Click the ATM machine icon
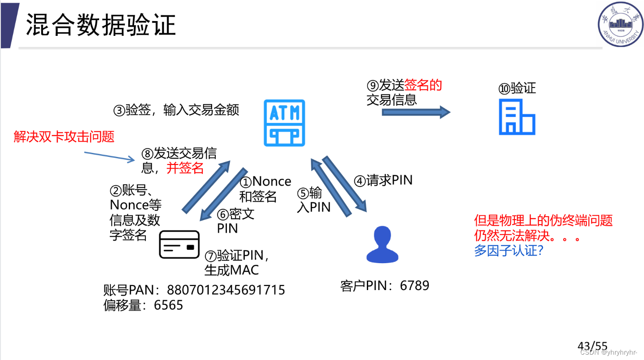click(x=284, y=123)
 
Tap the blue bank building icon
click(x=517, y=117)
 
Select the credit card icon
click(x=179, y=244)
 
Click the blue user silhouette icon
click(x=382, y=244)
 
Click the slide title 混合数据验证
click(x=100, y=25)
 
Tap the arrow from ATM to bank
click(x=415, y=112)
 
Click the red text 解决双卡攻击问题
click(x=64, y=136)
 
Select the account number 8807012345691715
click(x=226, y=290)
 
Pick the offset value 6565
click(x=169, y=305)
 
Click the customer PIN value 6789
click(x=414, y=286)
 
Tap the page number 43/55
click(x=592, y=346)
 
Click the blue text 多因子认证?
click(x=509, y=250)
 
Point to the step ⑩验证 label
click(x=517, y=88)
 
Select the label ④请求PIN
click(x=383, y=180)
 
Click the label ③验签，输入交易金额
click(x=176, y=110)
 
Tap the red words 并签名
click(x=185, y=168)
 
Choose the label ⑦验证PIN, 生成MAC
click(x=236, y=262)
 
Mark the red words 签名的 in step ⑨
click(x=423, y=85)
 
